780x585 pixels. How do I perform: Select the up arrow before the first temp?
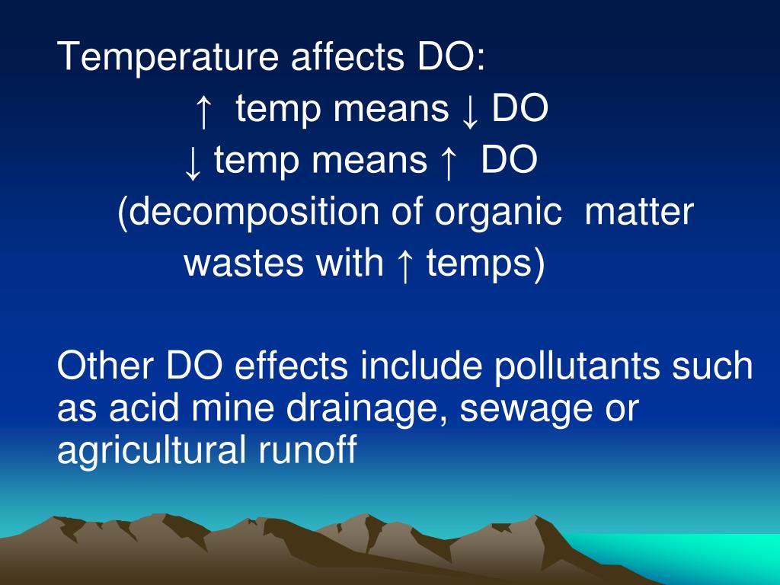(x=202, y=111)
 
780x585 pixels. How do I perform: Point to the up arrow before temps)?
(x=404, y=264)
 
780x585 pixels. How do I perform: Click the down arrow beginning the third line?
(x=193, y=162)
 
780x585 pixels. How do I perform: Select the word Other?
(x=105, y=366)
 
